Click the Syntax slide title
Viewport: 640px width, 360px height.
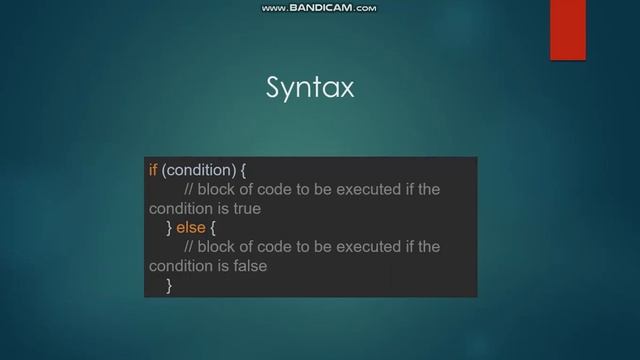(x=310, y=89)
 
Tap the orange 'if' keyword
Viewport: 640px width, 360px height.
(x=153, y=170)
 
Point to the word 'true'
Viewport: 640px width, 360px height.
(x=246, y=209)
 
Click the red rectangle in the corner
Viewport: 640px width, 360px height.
(x=568, y=29)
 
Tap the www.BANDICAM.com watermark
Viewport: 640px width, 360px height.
(x=319, y=8)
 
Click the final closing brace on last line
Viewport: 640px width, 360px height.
(x=170, y=286)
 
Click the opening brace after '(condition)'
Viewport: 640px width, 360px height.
(x=244, y=170)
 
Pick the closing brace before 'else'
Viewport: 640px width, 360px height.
(x=170, y=228)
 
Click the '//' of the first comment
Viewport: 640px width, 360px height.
(x=189, y=190)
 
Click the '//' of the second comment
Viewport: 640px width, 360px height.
(x=189, y=247)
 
